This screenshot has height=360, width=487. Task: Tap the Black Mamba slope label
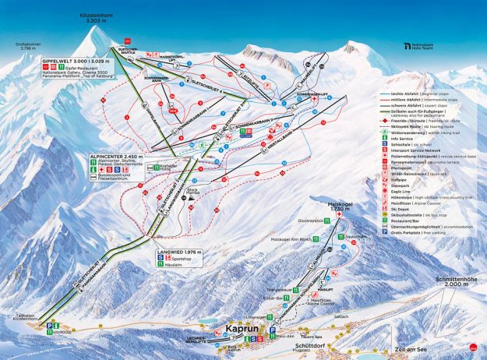click(193, 191)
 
